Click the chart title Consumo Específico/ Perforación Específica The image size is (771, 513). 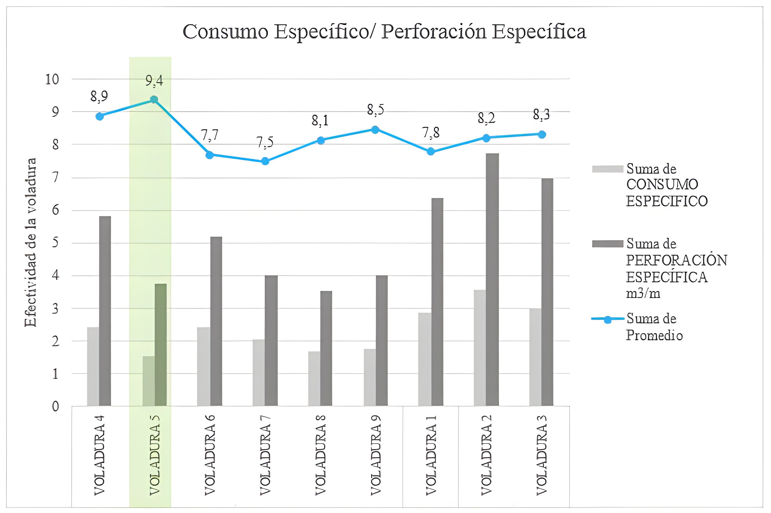384,32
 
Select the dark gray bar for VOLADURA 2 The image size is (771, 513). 492,280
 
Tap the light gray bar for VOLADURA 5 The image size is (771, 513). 148,381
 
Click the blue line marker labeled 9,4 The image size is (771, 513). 154,100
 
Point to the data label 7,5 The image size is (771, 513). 265,143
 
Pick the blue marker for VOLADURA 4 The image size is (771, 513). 100,116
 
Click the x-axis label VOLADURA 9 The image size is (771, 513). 376,455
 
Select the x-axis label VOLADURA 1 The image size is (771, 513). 431,455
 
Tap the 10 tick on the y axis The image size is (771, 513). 52,79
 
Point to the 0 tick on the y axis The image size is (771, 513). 55,406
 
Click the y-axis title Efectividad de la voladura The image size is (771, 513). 31,242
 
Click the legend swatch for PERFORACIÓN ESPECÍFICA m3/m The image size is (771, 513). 607,244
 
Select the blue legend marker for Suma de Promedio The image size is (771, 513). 607,320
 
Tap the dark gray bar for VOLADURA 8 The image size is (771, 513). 326,349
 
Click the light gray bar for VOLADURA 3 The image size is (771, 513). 535,357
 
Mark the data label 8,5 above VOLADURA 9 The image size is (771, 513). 375,110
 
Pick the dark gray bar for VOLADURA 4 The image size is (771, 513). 105,311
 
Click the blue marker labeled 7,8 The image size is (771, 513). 431,151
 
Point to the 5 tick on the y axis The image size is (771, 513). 55,243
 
